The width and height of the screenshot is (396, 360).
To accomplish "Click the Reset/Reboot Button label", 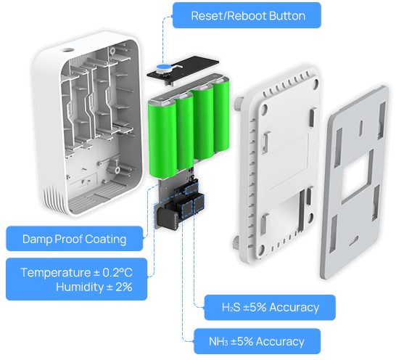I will (x=247, y=15).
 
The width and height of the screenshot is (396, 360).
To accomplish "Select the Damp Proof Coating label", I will (x=74, y=239).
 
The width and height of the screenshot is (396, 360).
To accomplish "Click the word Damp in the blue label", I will (x=36, y=239).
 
